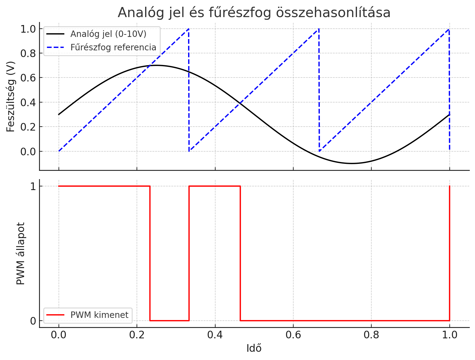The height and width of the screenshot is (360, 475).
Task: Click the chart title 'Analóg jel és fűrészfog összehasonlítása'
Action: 254,13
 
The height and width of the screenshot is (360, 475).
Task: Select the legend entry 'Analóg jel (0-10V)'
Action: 108,34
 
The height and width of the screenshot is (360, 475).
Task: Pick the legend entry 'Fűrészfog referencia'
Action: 113,47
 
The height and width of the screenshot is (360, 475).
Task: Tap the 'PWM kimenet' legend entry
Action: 99,315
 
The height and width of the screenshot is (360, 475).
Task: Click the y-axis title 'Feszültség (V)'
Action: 11,96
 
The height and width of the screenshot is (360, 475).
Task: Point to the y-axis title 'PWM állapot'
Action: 20,253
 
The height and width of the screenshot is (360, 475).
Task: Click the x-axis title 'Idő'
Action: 254,348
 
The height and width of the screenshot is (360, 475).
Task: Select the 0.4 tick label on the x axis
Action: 215,335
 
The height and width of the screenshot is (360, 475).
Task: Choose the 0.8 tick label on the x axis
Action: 371,335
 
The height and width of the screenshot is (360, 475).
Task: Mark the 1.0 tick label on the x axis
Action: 449,335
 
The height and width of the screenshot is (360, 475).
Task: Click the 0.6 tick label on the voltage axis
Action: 28,78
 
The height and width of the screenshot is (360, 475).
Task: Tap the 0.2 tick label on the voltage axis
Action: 28,127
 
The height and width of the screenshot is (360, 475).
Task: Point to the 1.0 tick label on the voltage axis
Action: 28,29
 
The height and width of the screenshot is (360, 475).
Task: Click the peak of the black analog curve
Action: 156,65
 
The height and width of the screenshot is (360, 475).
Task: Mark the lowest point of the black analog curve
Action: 352,164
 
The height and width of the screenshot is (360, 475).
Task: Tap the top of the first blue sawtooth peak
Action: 189,29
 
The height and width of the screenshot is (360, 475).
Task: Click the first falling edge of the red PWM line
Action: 150,253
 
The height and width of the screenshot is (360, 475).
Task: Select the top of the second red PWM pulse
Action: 215,186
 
